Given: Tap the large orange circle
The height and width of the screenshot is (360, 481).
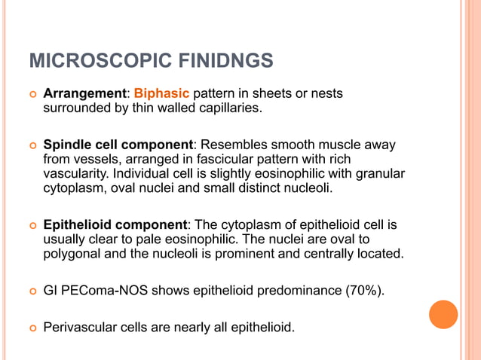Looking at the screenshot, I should coord(443,314).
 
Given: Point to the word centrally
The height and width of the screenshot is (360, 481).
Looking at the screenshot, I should coord(325,253).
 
